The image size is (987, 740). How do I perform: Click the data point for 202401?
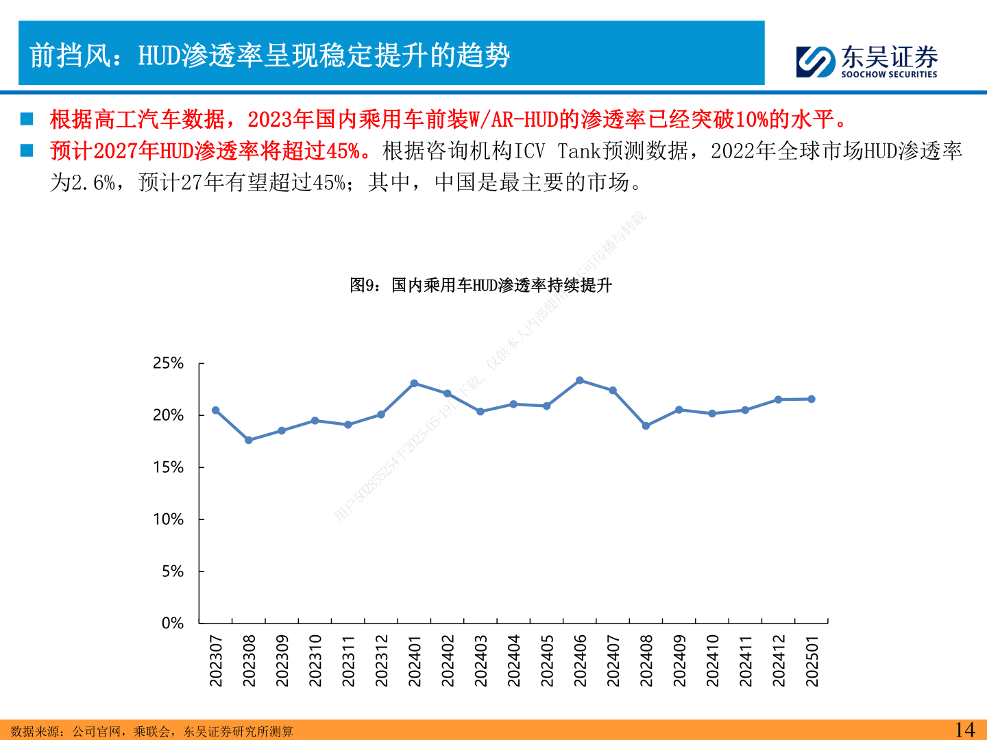[x=414, y=384]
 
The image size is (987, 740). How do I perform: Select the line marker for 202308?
[x=249, y=440]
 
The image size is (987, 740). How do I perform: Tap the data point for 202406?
[x=580, y=380]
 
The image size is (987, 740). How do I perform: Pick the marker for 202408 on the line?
[x=646, y=425]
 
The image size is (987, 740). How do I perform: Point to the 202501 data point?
[x=812, y=399]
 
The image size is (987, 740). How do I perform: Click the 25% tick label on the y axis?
[x=168, y=363]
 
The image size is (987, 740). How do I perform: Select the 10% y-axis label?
[x=168, y=519]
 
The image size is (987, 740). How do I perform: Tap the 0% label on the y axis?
[x=172, y=624]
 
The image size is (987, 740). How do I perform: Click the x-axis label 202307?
[x=216, y=661]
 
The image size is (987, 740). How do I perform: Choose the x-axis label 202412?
[x=779, y=661]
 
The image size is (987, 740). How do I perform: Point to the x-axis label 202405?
[x=547, y=661]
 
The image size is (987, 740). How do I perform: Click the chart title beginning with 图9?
[x=480, y=285]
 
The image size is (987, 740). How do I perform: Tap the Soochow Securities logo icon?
[x=816, y=62]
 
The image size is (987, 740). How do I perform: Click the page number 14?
[x=964, y=730]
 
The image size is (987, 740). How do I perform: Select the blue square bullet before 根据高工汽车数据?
[x=27, y=119]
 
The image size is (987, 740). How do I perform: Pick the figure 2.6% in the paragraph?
[x=93, y=182]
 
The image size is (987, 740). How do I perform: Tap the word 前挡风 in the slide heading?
[x=71, y=56]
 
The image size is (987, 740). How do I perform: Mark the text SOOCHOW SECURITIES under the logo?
[x=889, y=74]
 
